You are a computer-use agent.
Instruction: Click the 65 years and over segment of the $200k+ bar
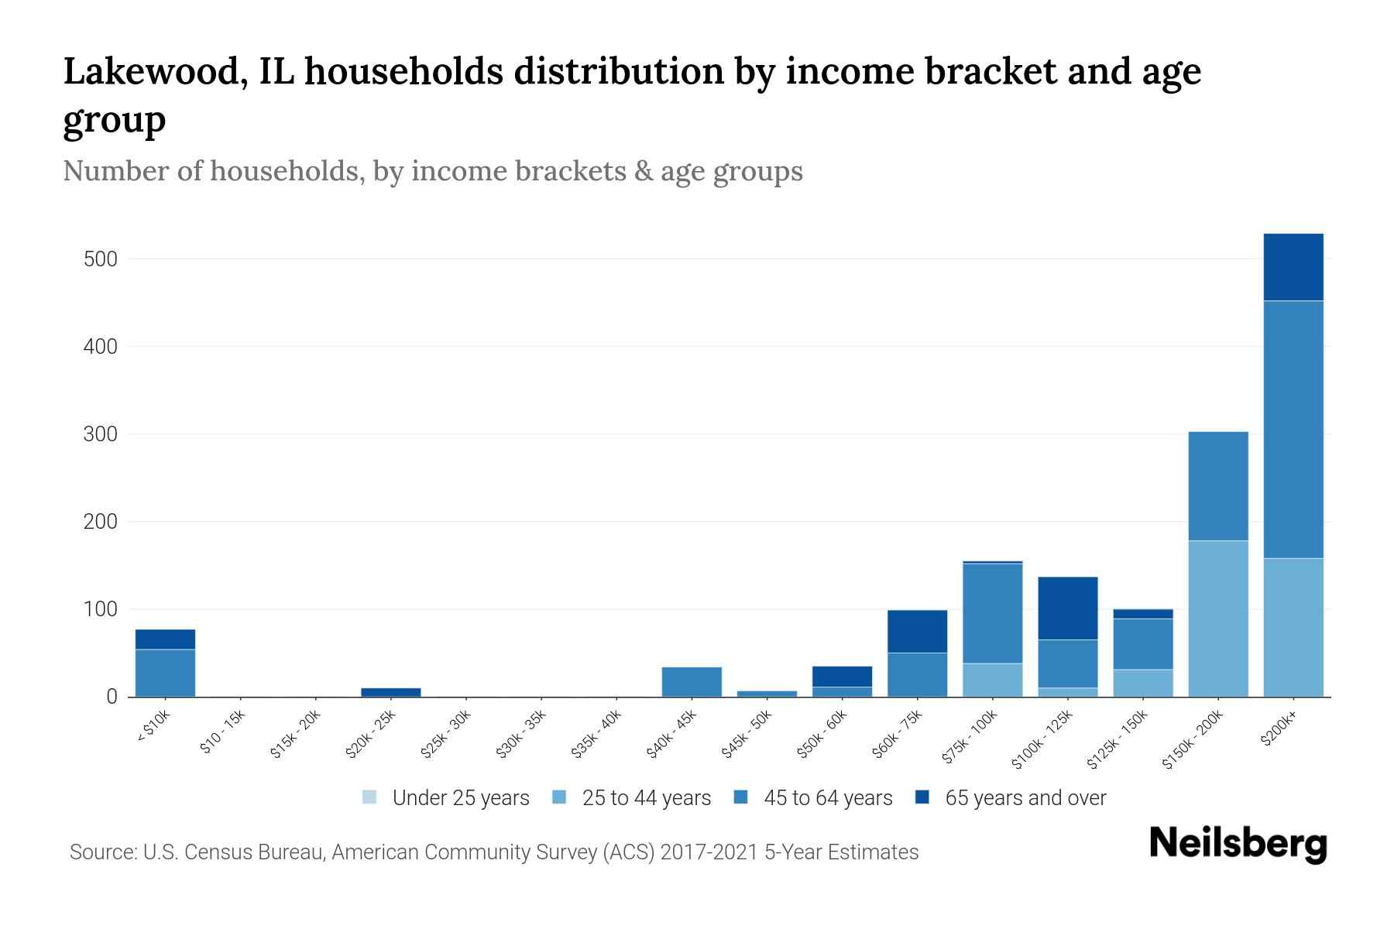(x=1293, y=267)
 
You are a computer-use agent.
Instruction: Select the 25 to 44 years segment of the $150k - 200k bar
(x=1217, y=619)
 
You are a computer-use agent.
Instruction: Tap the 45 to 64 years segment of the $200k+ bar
(x=1293, y=430)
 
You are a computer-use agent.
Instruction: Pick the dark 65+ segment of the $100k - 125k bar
(x=1067, y=608)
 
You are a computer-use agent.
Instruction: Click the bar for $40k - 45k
(x=692, y=681)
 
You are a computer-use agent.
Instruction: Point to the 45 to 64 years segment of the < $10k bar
(x=165, y=673)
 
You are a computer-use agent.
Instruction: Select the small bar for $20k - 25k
(x=390, y=692)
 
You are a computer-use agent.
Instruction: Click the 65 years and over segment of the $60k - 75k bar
(x=917, y=632)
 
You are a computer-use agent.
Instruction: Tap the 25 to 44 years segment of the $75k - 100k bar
(x=992, y=680)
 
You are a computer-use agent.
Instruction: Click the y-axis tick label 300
(x=101, y=434)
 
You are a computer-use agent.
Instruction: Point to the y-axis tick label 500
(x=101, y=259)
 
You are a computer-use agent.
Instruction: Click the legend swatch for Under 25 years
(x=370, y=797)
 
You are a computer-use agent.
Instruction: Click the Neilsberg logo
(x=1238, y=844)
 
